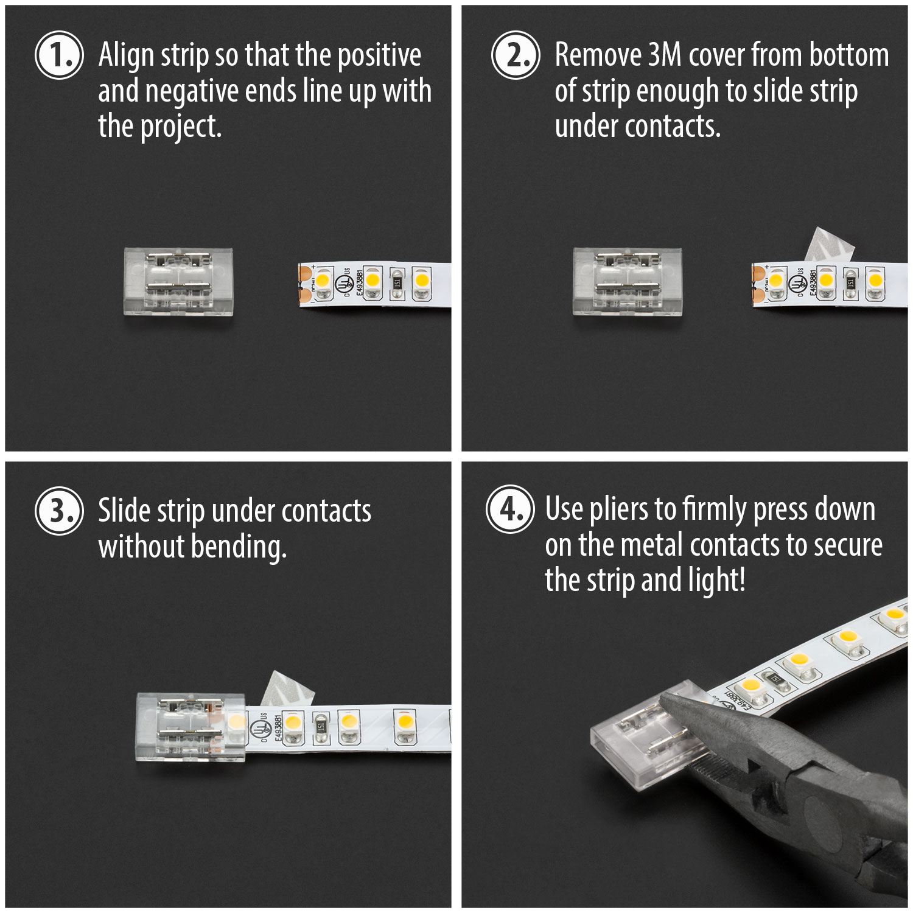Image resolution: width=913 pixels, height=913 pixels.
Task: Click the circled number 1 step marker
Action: click(59, 55)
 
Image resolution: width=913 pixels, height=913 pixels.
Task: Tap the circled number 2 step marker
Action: click(515, 55)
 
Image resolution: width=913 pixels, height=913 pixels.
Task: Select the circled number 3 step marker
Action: click(59, 511)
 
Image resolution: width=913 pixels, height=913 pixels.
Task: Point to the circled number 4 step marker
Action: click(510, 509)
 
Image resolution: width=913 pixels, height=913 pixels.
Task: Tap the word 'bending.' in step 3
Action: click(239, 547)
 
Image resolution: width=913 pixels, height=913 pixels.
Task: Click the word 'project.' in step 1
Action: click(181, 127)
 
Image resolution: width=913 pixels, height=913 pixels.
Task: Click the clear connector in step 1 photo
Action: click(178, 281)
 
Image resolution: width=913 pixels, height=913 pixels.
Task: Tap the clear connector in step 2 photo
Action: click(627, 281)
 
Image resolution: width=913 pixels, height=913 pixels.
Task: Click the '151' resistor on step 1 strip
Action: click(397, 283)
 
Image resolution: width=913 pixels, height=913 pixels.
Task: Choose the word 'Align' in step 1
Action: click(126, 55)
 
